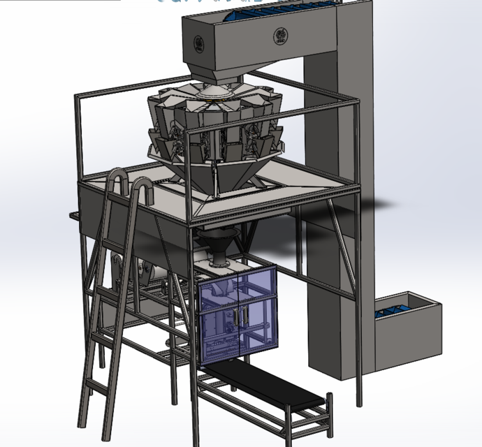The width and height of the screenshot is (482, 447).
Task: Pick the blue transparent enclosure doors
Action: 238,318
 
